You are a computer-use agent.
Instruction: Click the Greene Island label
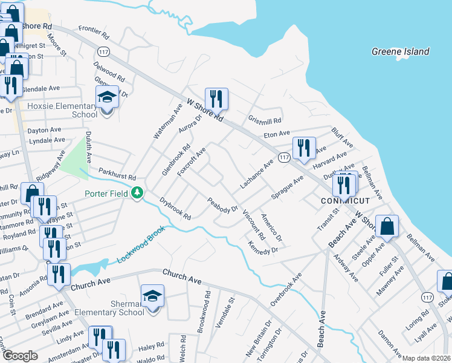pyautogui.click(x=400, y=52)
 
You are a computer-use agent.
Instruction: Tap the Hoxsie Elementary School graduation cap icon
pyautogui.click(x=107, y=97)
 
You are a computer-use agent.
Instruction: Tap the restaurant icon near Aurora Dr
pyautogui.click(x=216, y=98)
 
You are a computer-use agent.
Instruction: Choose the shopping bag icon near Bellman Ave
pyautogui.click(x=387, y=226)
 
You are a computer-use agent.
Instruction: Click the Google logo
pyautogui.click(x=19, y=356)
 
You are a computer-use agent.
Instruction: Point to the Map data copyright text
pyautogui.click(x=426, y=358)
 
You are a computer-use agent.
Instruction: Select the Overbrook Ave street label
pyautogui.click(x=285, y=289)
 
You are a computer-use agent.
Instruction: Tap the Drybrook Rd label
pyautogui.click(x=175, y=208)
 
